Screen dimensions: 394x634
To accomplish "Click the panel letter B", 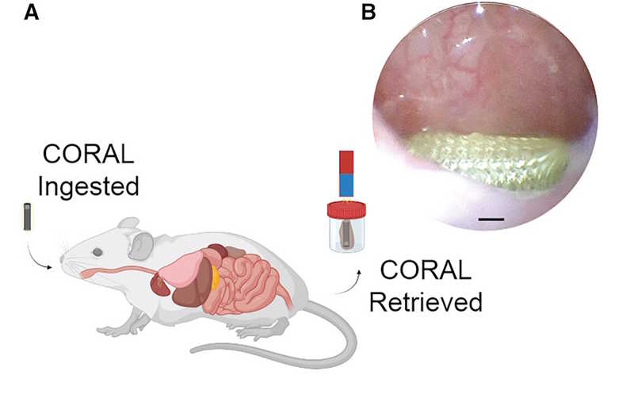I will (367, 13).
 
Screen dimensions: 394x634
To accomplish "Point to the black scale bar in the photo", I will (491, 215).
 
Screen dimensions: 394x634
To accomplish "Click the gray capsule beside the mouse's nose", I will (28, 216).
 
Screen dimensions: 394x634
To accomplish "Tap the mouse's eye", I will (97, 251).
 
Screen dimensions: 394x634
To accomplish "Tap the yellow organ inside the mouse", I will (215, 275).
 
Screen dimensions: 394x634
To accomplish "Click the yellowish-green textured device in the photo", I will (487, 159).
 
